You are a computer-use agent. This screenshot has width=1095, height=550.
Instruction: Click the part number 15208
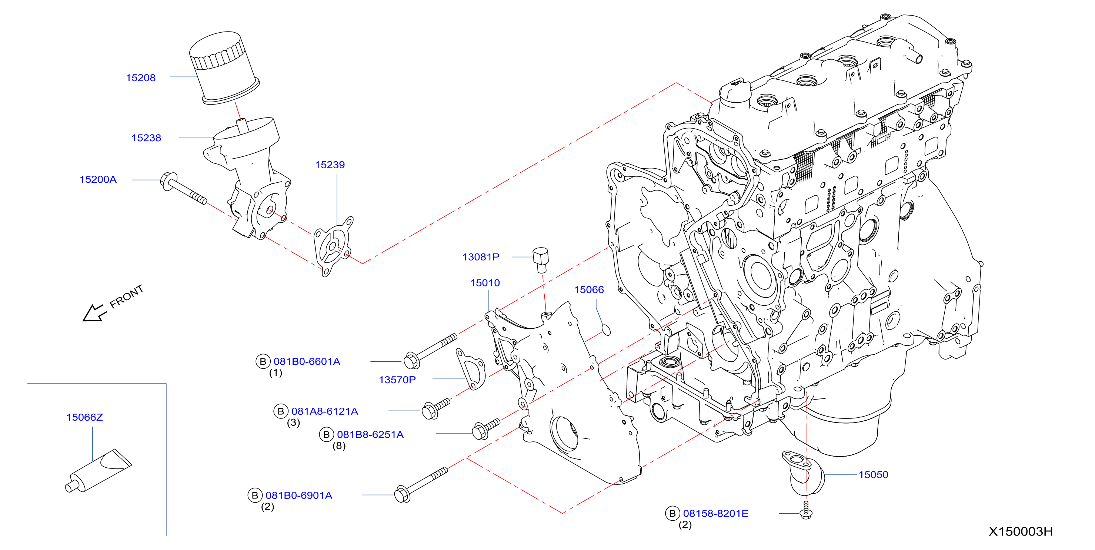tap(141, 78)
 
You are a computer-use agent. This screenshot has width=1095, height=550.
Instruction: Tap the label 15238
tap(146, 138)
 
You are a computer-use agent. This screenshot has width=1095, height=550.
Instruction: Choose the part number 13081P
tap(481, 257)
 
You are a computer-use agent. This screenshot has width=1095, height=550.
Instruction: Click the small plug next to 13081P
tap(541, 260)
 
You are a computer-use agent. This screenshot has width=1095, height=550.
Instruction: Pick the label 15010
tap(485, 283)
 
